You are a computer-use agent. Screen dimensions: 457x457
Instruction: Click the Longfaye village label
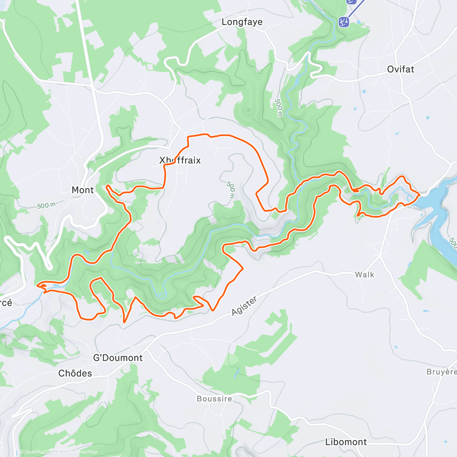point(242,22)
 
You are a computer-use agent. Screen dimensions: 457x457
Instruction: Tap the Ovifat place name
point(400,69)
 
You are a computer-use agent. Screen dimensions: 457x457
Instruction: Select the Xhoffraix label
point(180,160)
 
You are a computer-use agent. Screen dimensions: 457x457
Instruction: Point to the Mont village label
point(83,190)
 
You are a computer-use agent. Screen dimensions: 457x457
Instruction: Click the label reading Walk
point(364,275)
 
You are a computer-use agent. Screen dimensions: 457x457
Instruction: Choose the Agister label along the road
point(244,306)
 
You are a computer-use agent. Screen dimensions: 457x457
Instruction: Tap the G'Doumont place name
point(118,358)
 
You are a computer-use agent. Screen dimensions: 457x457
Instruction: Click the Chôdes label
point(75,373)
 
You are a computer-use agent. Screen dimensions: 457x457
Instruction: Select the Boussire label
point(214,399)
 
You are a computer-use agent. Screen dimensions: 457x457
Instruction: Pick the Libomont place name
point(346,442)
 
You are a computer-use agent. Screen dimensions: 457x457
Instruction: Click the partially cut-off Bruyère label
point(442,372)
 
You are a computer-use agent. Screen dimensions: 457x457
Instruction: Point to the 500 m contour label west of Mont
point(46,206)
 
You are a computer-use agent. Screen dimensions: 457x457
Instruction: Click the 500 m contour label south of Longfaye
point(279,108)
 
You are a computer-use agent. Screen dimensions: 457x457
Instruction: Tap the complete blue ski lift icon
point(344,22)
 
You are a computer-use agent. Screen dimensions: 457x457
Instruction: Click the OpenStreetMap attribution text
point(80,452)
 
